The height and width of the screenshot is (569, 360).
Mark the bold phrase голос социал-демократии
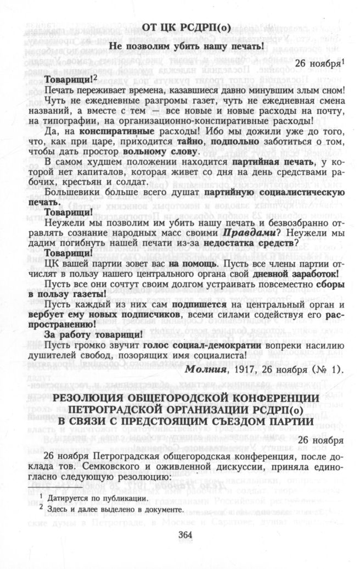pos(196,344)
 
